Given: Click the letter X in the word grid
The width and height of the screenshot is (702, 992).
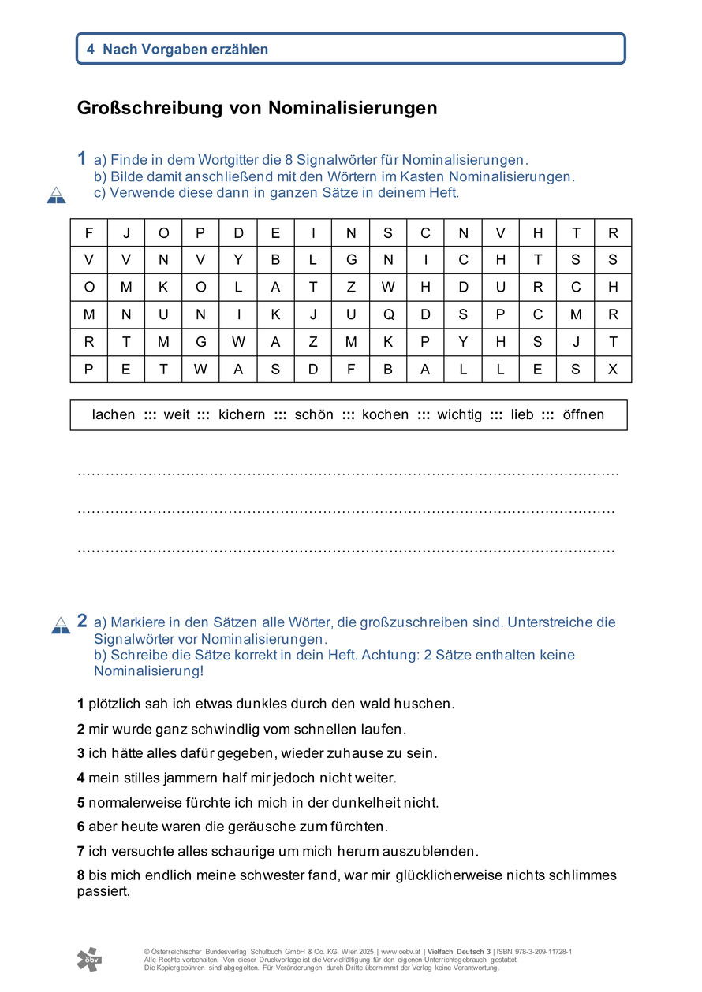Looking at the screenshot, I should coord(613,369).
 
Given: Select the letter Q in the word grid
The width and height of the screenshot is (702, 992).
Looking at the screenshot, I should coord(388,314).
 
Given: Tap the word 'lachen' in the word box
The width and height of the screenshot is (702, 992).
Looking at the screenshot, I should coord(114,414).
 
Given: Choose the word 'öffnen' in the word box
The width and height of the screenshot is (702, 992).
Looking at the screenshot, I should coord(584,414).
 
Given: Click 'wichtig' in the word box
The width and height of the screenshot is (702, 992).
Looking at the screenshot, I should coord(459,414).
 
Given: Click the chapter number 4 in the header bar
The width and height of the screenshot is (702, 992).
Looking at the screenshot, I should coord(91,49).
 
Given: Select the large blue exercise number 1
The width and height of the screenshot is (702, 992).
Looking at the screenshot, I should coord(82,158).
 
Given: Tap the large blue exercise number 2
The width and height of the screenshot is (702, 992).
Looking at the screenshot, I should coord(82,621).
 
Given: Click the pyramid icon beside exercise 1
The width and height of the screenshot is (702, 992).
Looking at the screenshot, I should coord(56,195).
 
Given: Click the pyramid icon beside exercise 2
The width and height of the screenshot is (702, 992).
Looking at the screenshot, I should coord(61,626).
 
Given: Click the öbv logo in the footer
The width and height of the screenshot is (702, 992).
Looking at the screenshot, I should coord(89,959).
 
